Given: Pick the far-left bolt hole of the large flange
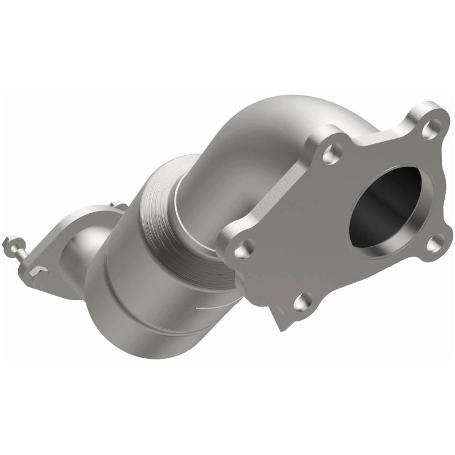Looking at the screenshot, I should (x=243, y=248).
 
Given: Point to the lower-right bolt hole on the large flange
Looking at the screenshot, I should (x=435, y=243).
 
